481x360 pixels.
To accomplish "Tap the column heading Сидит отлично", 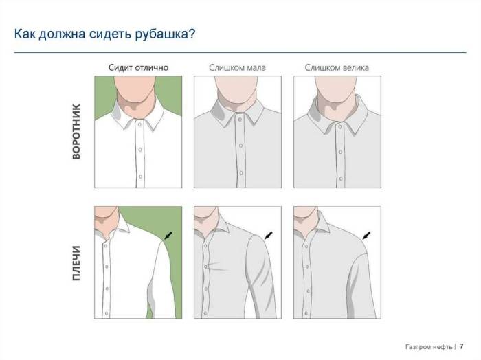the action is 138,67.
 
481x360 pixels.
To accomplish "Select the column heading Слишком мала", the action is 238,67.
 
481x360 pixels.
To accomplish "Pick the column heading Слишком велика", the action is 337,67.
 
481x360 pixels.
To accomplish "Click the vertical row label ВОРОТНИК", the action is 76,131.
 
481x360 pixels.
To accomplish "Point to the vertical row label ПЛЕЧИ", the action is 76,263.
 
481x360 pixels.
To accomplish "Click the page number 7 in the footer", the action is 461,346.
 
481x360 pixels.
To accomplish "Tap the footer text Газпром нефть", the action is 429,347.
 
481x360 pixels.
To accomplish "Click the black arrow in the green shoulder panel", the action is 168,236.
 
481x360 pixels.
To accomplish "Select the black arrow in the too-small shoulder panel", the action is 268,236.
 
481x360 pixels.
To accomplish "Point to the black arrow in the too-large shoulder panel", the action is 366,236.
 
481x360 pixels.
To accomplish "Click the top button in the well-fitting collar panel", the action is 139,124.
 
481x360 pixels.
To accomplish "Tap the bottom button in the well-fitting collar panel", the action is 140,177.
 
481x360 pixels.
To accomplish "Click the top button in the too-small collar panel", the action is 240,120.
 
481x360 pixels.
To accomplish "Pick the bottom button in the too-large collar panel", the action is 341,179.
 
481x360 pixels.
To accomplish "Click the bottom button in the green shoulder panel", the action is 106,313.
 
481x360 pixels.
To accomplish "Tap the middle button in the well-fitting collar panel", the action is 140,150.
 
